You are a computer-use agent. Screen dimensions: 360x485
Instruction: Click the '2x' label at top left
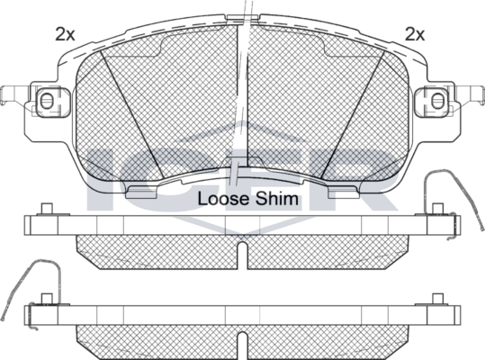point(64,35)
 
